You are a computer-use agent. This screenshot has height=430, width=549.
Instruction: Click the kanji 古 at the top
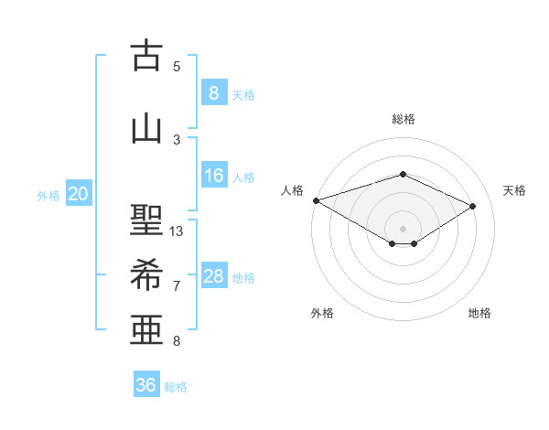click(146, 57)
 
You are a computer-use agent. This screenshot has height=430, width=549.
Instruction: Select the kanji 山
click(146, 128)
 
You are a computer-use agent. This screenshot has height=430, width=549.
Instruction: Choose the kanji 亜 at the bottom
click(146, 330)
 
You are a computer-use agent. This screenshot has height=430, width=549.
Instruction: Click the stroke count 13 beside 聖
click(177, 231)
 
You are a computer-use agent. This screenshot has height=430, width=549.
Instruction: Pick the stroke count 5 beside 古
click(177, 67)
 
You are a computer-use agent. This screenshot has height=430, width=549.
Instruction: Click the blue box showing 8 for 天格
click(213, 93)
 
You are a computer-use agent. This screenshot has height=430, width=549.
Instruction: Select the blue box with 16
click(214, 176)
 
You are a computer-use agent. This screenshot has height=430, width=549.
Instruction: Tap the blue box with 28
click(214, 276)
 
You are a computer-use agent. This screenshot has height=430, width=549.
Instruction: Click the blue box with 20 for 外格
click(79, 194)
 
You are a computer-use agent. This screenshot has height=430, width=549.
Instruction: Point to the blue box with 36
click(145, 385)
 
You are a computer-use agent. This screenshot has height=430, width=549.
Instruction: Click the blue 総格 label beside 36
click(176, 387)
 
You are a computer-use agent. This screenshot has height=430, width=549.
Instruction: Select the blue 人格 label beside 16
click(243, 177)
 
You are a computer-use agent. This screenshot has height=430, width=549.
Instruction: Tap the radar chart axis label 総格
click(403, 119)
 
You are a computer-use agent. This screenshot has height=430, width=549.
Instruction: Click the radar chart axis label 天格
click(514, 190)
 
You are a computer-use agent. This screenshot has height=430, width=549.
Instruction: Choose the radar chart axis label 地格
click(479, 313)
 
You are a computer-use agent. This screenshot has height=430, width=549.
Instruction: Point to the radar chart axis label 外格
click(322, 313)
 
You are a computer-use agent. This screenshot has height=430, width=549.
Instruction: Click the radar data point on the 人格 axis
click(316, 200)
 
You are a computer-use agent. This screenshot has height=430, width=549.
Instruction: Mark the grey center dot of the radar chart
click(403, 228)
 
